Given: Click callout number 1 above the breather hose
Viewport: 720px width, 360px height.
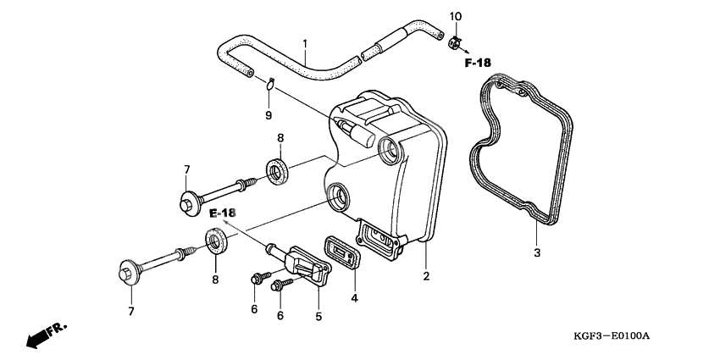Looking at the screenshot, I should point(305,42).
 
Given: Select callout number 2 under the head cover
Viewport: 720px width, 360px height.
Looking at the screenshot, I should point(426,276).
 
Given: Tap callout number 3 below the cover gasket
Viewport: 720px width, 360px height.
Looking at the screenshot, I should point(535,253).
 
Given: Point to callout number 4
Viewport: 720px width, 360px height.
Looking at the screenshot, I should point(355,297).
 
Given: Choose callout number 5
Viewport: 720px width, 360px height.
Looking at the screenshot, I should point(318,317).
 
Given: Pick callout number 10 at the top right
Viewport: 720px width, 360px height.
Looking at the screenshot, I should point(455,17).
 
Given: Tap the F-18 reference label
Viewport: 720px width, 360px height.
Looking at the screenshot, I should point(479,63).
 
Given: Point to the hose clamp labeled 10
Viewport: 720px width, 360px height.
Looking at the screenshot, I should point(456,39).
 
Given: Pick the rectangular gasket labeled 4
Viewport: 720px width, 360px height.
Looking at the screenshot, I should point(340,252).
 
